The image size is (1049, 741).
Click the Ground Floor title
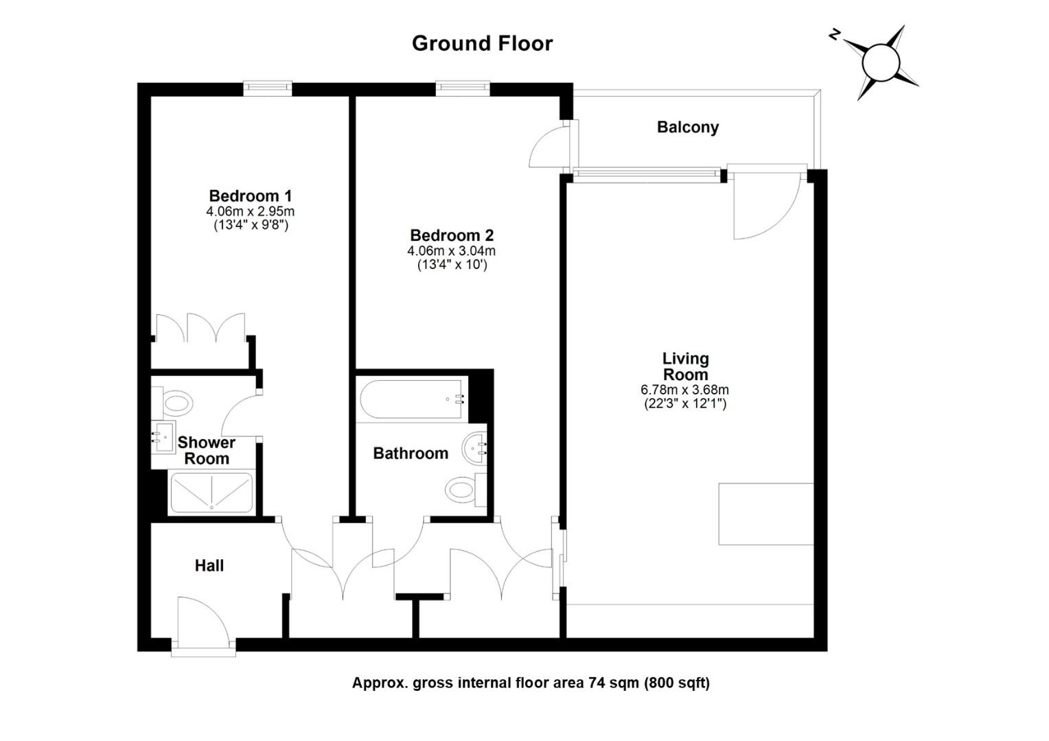pyautogui.click(x=482, y=43)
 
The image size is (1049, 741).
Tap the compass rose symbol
pyautogui.click(x=880, y=62)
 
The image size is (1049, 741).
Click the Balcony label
pyautogui.click(x=687, y=127)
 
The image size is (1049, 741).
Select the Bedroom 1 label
pyautogui.click(x=250, y=196)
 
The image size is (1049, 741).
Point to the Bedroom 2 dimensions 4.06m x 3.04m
pyautogui.click(x=451, y=251)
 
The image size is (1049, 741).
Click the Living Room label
pyautogui.click(x=685, y=366)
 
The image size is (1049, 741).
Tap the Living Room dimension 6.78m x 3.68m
pyautogui.click(x=684, y=390)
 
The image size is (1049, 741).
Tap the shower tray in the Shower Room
pyautogui.click(x=211, y=492)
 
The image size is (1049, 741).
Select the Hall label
pyautogui.click(x=209, y=565)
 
